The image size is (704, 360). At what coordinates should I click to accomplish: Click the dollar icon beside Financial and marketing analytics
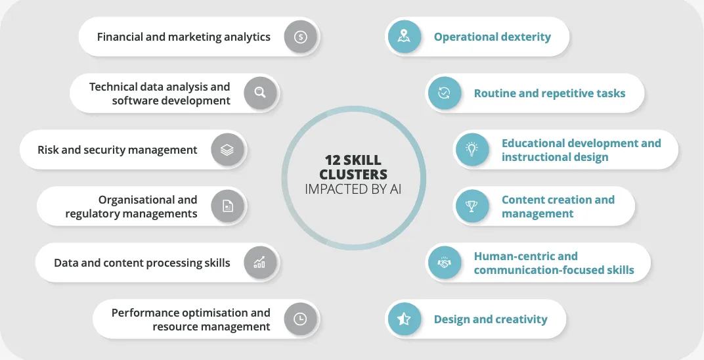click(x=300, y=37)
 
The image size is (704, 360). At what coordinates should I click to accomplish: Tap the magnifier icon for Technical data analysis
click(x=260, y=93)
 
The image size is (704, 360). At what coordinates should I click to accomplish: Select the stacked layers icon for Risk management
click(x=227, y=150)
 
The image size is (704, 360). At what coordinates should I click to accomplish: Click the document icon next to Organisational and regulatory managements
click(x=227, y=206)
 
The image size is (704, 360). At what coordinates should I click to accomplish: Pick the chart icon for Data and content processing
click(x=260, y=263)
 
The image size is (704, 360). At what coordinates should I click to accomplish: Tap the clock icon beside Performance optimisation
click(x=300, y=319)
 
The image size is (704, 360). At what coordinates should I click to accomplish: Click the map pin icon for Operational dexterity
click(x=404, y=37)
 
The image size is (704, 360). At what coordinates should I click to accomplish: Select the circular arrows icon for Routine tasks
click(x=444, y=93)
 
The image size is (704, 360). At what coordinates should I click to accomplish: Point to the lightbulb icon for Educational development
click(x=472, y=150)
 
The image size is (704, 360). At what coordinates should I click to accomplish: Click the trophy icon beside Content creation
click(x=472, y=206)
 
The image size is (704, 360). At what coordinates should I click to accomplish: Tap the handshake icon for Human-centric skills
click(x=444, y=263)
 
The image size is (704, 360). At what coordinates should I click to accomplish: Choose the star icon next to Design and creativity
click(x=404, y=319)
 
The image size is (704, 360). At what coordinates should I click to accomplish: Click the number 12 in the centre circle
click(x=335, y=160)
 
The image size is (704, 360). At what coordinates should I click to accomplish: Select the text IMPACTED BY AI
click(x=353, y=189)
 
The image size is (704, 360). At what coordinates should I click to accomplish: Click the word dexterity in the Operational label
click(x=523, y=37)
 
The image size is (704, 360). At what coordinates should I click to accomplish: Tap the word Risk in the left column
click(x=49, y=150)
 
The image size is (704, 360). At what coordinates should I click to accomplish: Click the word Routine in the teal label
click(x=495, y=93)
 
